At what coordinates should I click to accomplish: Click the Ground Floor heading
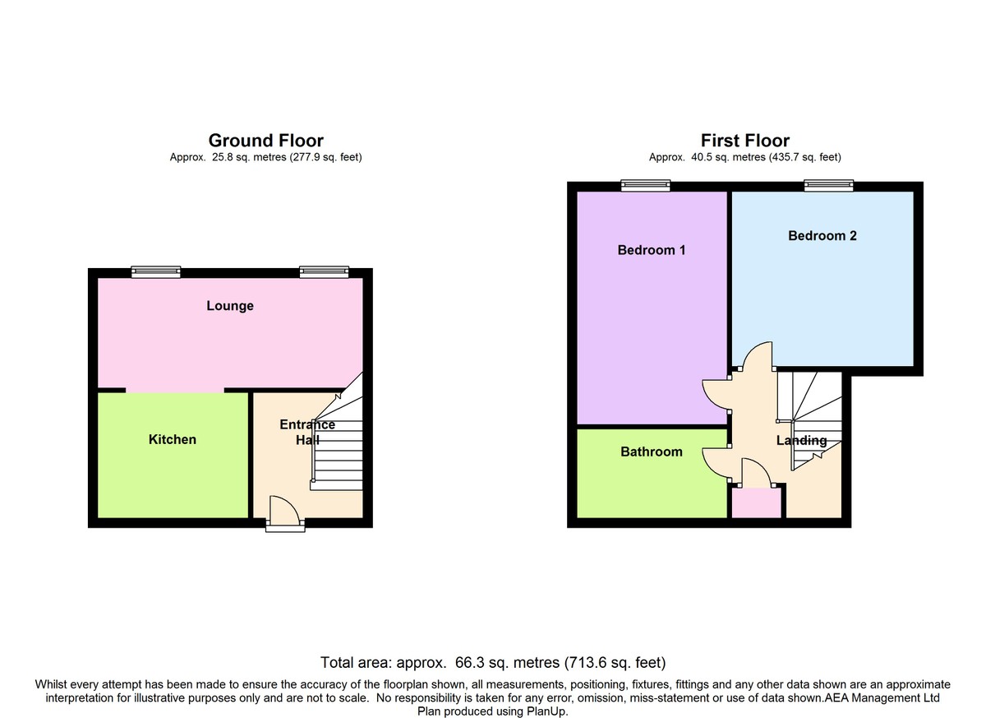266,141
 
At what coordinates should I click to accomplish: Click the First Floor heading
744,141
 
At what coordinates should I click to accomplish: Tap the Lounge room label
230,306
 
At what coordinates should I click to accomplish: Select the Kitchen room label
172,439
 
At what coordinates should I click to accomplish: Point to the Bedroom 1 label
652,250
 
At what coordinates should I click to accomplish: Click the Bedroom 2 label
822,236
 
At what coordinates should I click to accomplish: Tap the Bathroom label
652,452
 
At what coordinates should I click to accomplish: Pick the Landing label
801,441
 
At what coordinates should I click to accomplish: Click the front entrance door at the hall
285,513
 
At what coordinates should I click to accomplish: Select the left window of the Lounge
156,271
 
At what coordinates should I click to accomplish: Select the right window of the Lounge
324,271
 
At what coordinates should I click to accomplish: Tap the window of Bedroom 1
645,185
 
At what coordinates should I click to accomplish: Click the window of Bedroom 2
828,185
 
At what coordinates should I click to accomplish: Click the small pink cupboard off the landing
756,503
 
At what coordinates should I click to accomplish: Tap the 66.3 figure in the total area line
470,663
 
